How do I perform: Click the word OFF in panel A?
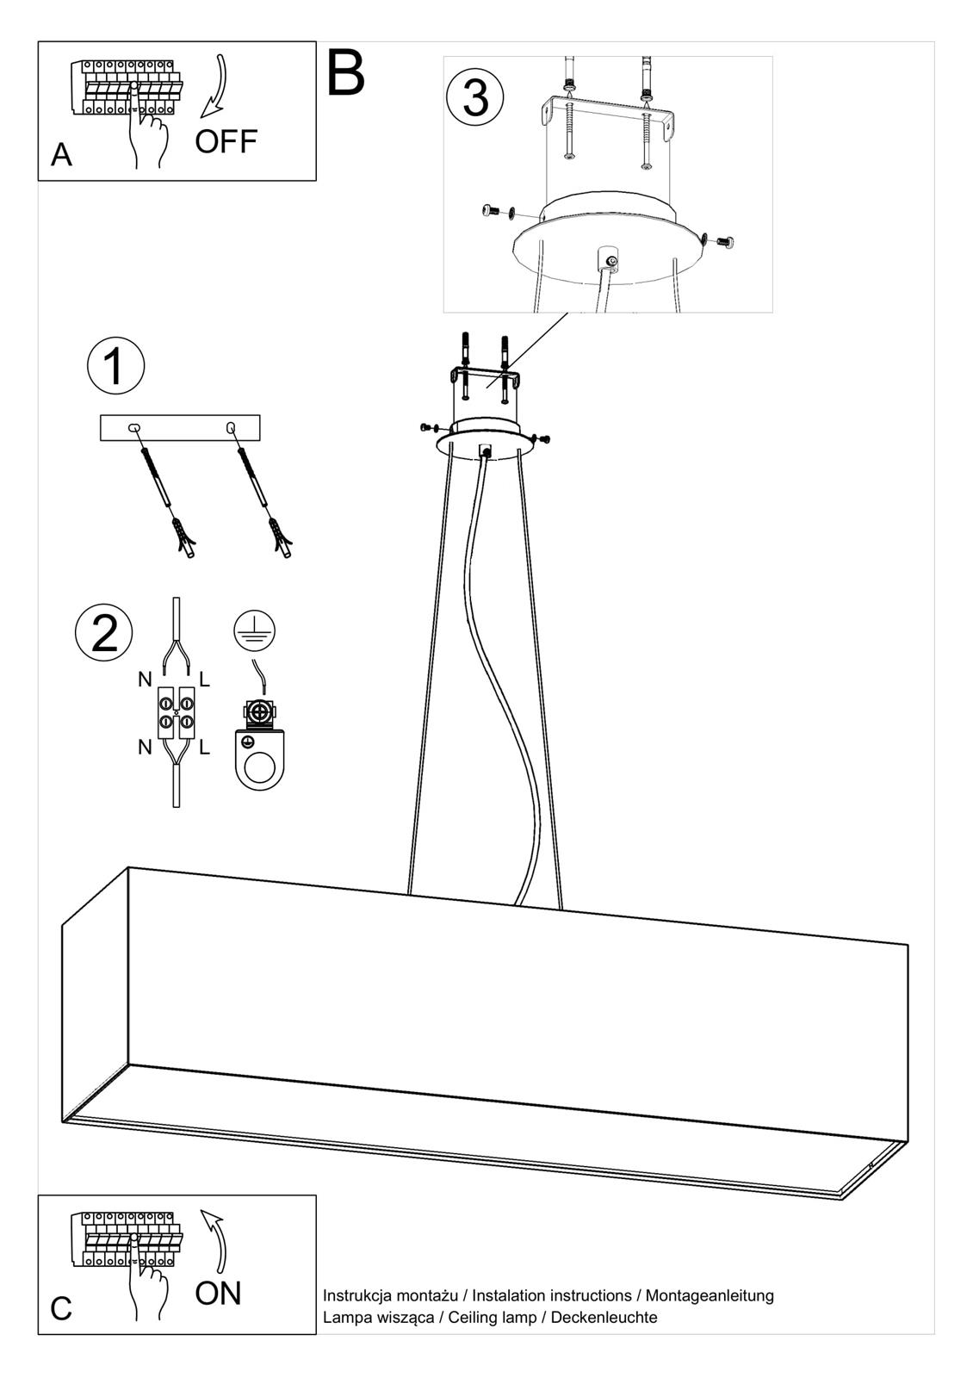click(x=226, y=142)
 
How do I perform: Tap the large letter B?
click(x=345, y=73)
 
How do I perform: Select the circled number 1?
click(x=115, y=365)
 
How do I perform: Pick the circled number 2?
click(x=103, y=634)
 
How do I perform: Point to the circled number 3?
click(x=474, y=97)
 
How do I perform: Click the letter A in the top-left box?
click(x=61, y=155)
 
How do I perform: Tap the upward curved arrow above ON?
click(x=217, y=1239)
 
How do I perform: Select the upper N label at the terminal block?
click(x=145, y=680)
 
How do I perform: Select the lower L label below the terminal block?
click(x=205, y=747)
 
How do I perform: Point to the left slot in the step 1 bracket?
click(x=133, y=427)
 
